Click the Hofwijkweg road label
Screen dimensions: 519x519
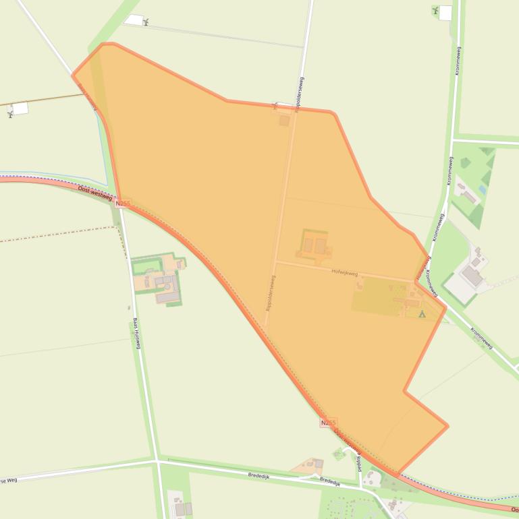344,273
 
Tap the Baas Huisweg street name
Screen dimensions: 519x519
136,334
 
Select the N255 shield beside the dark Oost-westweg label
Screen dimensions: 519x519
122,203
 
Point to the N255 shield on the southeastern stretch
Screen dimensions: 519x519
328,423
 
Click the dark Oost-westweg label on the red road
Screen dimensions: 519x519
94,193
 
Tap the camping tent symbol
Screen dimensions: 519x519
422,313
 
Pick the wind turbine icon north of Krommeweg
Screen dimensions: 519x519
435,10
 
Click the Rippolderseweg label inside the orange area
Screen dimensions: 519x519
271,293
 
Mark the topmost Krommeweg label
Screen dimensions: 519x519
458,61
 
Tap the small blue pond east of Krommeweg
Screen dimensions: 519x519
482,189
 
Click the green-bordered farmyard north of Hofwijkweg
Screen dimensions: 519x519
315,245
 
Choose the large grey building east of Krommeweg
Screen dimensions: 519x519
472,276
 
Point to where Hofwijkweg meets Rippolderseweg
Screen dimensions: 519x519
275,262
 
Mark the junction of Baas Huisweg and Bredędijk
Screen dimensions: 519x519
157,461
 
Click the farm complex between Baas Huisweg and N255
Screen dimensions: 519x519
161,278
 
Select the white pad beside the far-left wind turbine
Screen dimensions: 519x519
20,108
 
